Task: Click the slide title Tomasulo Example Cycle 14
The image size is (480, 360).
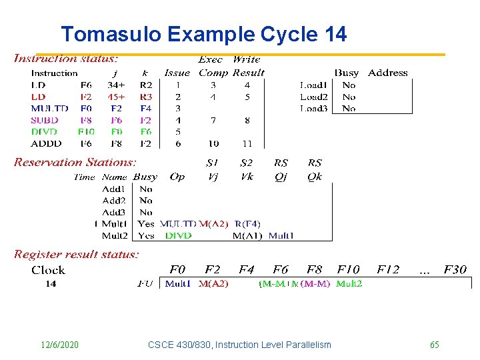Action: pos(203,34)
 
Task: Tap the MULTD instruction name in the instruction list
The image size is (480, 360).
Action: pos(49,108)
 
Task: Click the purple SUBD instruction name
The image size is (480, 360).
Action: pos(45,120)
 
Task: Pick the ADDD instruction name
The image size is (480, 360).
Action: pos(46,143)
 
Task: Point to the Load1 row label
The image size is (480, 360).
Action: pos(313,85)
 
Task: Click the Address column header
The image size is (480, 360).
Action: pos(387,72)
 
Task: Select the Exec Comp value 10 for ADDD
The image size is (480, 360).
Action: pos(213,143)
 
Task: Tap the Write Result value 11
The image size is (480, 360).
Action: pos(247,143)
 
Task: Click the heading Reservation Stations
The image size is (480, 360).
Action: pos(75,162)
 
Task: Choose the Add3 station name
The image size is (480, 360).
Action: pos(113,212)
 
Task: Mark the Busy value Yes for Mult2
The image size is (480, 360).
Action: pos(146,235)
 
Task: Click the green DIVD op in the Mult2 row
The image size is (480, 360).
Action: pos(178,235)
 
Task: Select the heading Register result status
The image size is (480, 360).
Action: pos(77,254)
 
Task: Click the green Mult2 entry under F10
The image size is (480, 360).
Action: pos(349,283)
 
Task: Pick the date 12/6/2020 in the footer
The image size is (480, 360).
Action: pos(59,345)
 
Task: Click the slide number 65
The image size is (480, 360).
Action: pos(434,345)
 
